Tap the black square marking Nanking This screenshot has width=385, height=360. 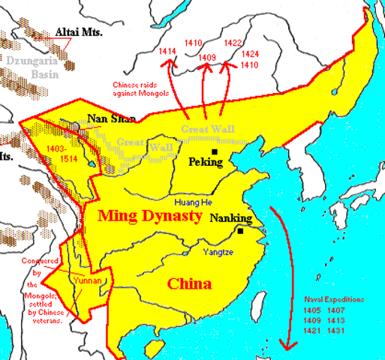[240, 232]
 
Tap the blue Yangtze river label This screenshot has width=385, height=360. [217, 253]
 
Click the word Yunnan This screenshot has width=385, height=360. [84, 280]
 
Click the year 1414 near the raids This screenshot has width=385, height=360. [167, 52]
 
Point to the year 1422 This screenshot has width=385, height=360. [233, 43]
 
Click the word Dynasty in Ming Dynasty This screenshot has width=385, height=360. [173, 217]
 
